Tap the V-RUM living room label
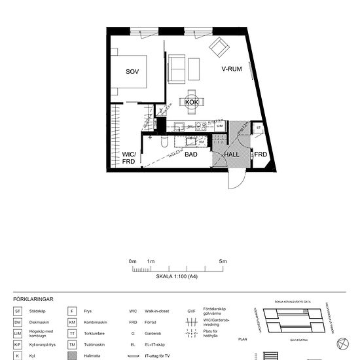pyautogui.click(x=232, y=68)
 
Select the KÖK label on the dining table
pyautogui.click(x=191, y=103)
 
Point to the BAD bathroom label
pyautogui.click(x=191, y=155)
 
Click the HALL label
pyautogui.click(x=232, y=155)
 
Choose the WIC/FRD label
pyautogui.click(x=128, y=158)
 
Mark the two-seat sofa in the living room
pyautogui.click(x=177, y=68)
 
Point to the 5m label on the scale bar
pyautogui.click(x=223, y=262)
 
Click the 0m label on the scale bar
pyautogui.click(x=133, y=262)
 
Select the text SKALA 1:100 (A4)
pyautogui.click(x=177, y=277)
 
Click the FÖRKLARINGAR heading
pyautogui.click(x=33, y=299)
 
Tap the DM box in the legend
pyautogui.click(x=18, y=323)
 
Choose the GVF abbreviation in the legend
pyautogui.click(x=192, y=311)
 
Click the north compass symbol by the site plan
pyautogui.click(x=340, y=344)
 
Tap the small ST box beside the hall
pyautogui.click(x=259, y=128)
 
